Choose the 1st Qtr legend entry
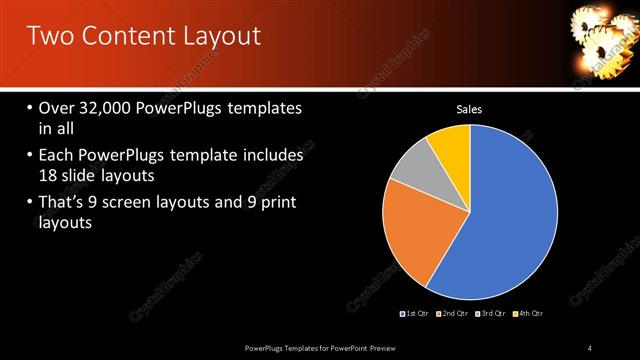click(415, 314)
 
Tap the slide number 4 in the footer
click(590, 347)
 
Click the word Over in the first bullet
click(58, 108)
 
